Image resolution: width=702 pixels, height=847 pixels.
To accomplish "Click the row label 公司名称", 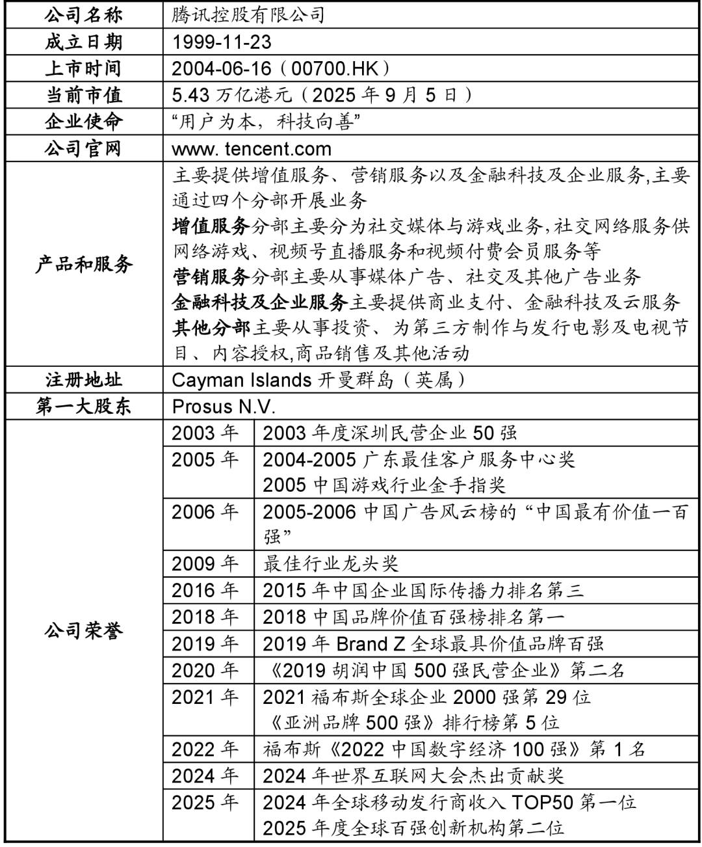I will click(83, 15).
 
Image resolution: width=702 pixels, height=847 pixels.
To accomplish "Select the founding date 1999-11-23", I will click(222, 42).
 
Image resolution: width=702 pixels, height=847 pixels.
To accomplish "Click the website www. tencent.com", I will click(252, 149).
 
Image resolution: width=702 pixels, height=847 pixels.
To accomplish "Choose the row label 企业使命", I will click(83, 122).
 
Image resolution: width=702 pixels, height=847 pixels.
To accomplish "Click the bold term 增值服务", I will click(211, 226).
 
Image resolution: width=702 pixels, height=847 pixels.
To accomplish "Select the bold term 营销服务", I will click(211, 277).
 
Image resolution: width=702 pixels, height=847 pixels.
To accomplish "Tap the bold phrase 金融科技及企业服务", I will click(260, 302).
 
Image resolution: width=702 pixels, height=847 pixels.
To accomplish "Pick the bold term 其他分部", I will click(211, 328).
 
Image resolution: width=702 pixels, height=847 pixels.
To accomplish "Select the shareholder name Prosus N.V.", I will click(224, 407).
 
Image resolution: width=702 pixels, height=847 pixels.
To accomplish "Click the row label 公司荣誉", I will click(83, 631).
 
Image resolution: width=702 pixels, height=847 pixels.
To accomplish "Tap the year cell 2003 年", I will click(205, 433).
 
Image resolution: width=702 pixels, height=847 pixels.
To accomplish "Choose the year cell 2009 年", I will click(205, 563).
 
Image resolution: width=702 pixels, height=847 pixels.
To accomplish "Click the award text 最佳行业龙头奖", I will click(331, 563).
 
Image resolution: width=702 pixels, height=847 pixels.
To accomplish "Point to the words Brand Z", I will click(370, 644).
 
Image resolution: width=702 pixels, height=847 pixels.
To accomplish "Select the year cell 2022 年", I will click(205, 749).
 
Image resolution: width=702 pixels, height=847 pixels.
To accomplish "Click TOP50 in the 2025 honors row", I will click(542, 802).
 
